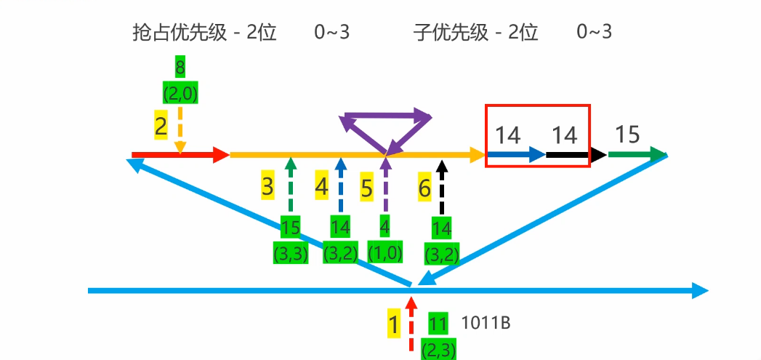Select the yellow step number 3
click(267, 186)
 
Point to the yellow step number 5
click(367, 188)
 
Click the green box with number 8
click(180, 68)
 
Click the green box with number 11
click(438, 324)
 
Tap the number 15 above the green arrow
click(627, 135)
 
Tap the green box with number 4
click(384, 226)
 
